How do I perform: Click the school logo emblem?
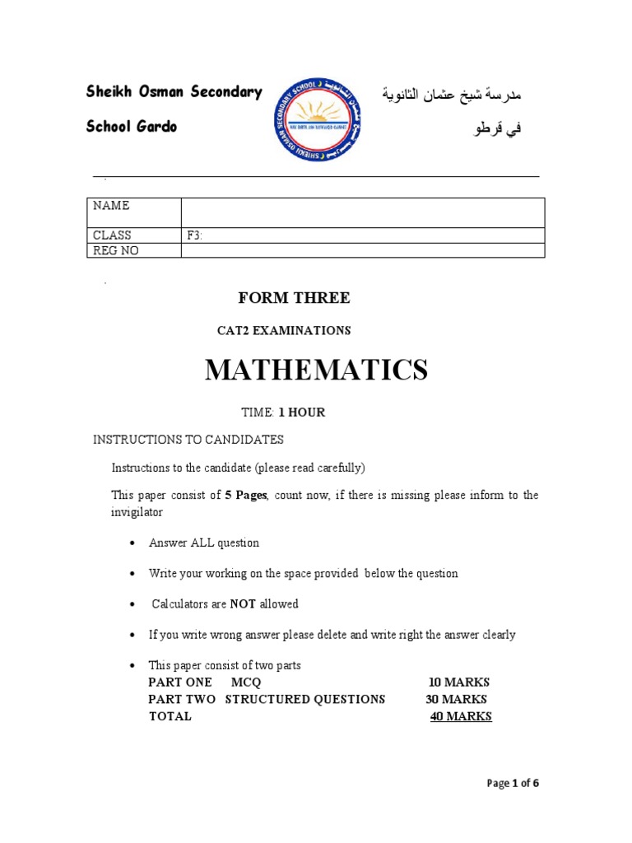317,119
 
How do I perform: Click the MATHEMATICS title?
316,370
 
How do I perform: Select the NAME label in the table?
111,206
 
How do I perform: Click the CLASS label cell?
112,235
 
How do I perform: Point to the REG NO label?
116,251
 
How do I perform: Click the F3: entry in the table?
195,235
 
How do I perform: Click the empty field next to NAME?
362,212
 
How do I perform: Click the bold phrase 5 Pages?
246,495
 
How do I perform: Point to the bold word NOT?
243,604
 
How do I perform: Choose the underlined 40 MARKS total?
461,716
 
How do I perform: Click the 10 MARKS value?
459,682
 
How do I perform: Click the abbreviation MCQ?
246,682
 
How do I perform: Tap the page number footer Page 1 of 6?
513,783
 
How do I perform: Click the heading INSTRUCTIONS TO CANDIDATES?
188,440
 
